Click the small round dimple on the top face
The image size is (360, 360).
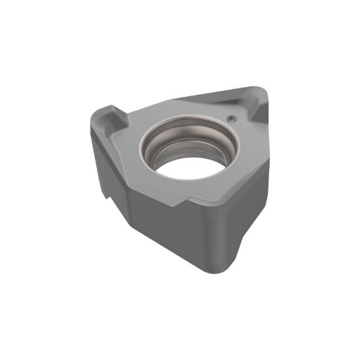point(232,118)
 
